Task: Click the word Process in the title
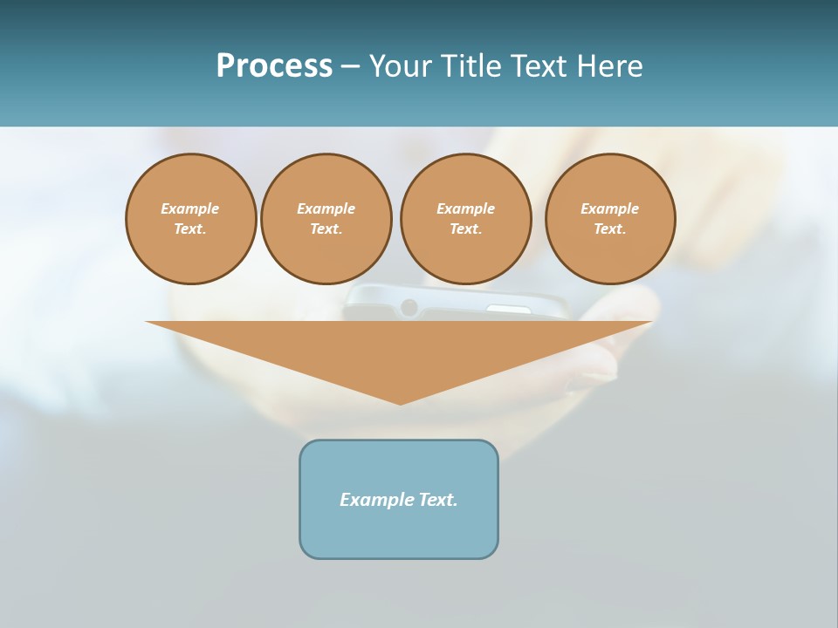click(274, 66)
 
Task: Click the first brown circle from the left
click(191, 219)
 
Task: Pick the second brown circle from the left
click(326, 219)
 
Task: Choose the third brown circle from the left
click(466, 219)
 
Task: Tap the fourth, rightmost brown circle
click(610, 219)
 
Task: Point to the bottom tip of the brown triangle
click(401, 402)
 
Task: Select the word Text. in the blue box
click(437, 500)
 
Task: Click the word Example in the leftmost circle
click(190, 208)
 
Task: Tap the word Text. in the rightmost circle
click(610, 229)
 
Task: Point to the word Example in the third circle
click(466, 208)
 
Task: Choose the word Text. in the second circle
click(326, 229)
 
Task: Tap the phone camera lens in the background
click(409, 307)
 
